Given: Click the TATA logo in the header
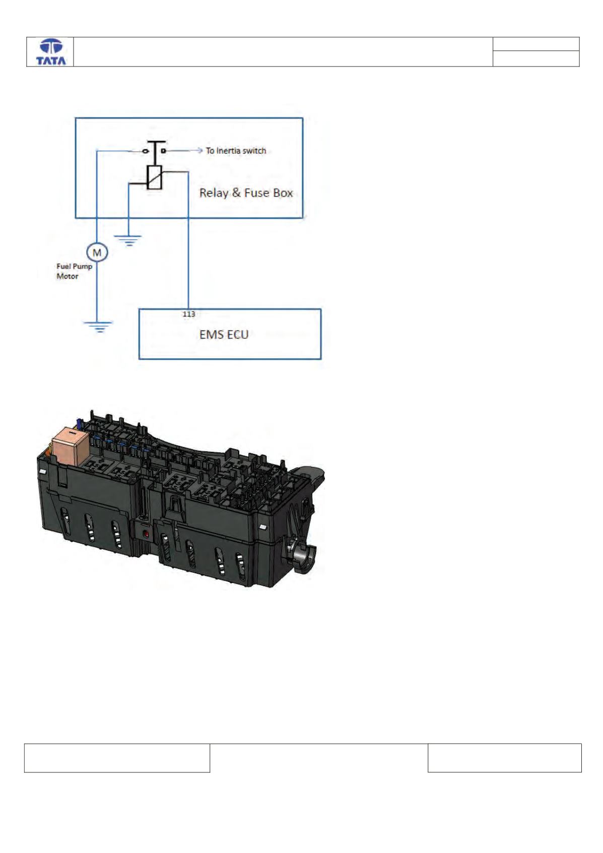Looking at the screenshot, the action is point(51,52).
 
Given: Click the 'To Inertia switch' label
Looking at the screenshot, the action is point(236,151).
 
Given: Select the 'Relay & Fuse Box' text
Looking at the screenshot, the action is point(246,193).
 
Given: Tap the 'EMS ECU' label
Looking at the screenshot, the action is point(224,335).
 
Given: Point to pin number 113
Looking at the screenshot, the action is point(189,314).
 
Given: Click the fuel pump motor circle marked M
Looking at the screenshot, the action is point(97,252).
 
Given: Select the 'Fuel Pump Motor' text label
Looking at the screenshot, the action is point(75,271).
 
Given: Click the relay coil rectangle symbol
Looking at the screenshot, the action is point(155,177).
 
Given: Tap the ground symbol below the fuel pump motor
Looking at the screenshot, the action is point(98,326).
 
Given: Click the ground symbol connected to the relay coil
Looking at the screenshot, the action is point(129,241).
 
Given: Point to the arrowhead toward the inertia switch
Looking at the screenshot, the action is point(200,151).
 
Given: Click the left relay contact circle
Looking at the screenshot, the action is point(146,152).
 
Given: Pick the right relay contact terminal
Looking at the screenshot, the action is point(163,151).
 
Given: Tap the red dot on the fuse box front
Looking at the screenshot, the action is point(146,535).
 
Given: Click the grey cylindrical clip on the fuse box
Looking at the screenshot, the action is point(303,557).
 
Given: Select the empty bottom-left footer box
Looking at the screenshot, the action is point(117,758).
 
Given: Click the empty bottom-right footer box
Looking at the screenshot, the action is point(504,758).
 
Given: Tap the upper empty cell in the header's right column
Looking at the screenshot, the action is point(536,44).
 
